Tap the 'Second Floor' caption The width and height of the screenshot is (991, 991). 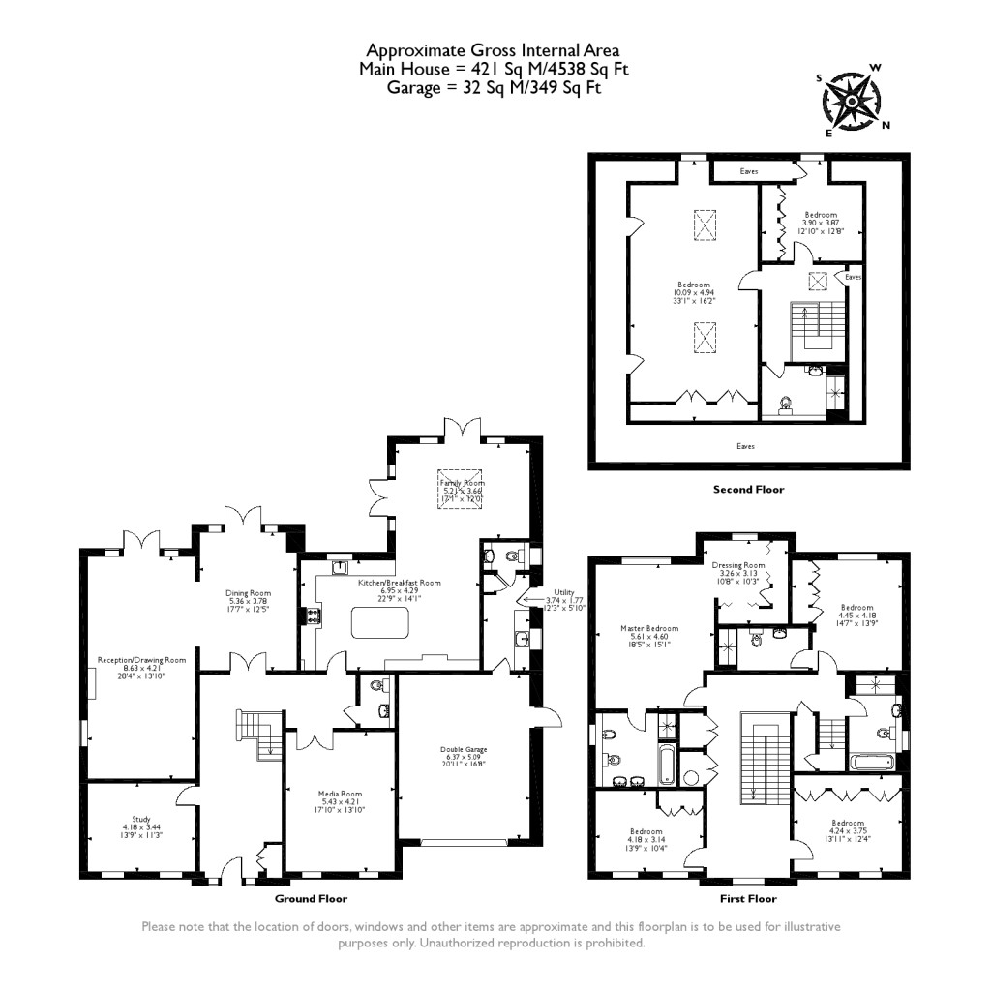[x=748, y=489]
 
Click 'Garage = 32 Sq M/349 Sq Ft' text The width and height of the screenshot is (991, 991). [x=494, y=87]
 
